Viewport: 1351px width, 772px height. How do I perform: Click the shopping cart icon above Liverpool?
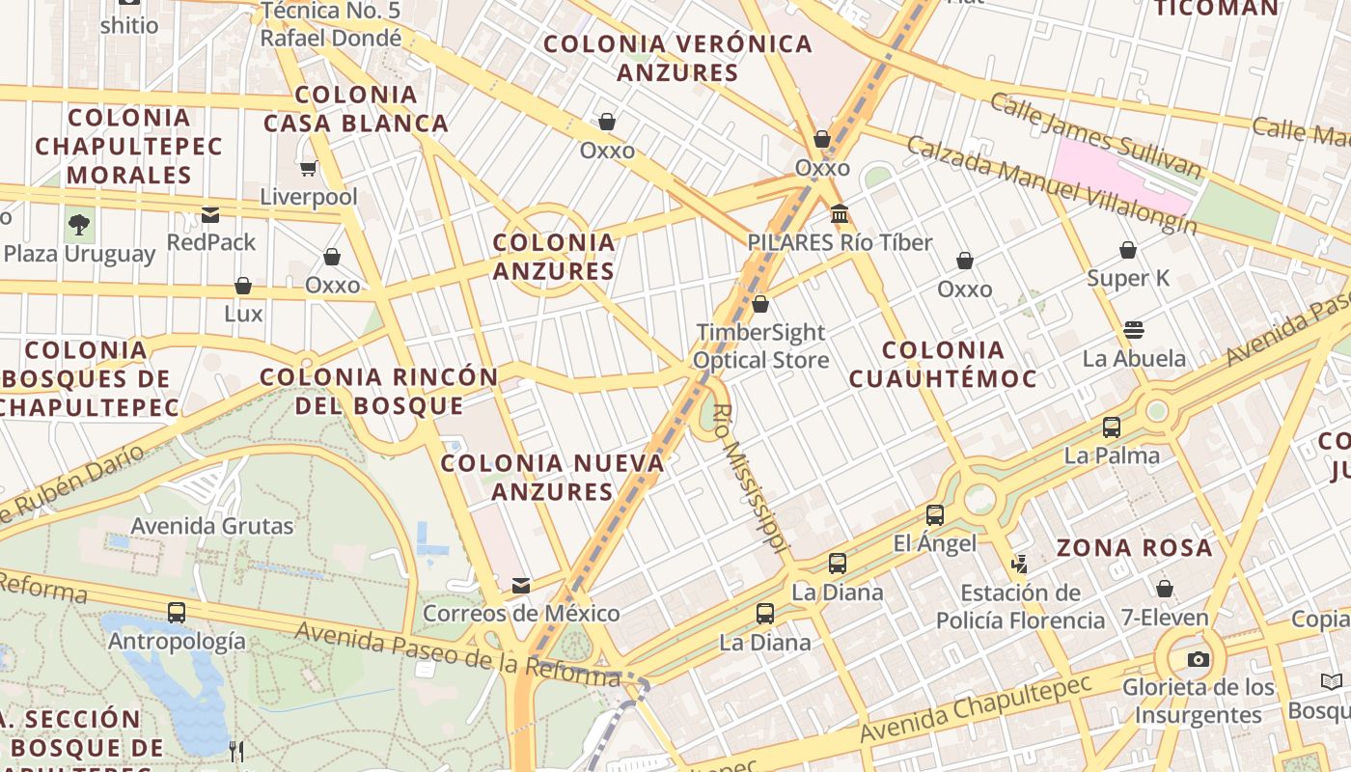[x=309, y=169]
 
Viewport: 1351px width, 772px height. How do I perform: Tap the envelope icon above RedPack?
[x=210, y=214]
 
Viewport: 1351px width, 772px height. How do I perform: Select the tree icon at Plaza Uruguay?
[x=79, y=226]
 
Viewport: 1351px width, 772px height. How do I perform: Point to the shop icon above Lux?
[x=243, y=287]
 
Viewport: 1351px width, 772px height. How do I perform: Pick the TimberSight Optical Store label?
[x=761, y=346]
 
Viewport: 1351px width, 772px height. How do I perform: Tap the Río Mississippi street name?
[x=749, y=478]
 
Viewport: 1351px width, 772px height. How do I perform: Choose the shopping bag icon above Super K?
[x=1128, y=251]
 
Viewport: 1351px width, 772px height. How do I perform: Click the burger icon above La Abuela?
[x=1134, y=330]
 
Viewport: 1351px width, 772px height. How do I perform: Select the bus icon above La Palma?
[x=1112, y=427]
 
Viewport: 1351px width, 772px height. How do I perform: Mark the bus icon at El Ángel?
[x=934, y=515]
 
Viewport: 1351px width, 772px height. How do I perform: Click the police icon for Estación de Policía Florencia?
[x=1019, y=564]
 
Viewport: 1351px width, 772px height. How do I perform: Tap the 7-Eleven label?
[x=1165, y=618]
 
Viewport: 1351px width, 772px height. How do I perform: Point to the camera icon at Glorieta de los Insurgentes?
[x=1199, y=660]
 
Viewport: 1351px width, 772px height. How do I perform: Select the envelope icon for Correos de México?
[x=521, y=586]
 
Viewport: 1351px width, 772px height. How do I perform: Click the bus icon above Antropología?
[x=176, y=612]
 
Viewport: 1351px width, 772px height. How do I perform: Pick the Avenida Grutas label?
[x=212, y=526]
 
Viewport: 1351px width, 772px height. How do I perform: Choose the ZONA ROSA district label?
[x=1134, y=548]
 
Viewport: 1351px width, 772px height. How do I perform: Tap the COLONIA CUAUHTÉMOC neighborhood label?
[x=943, y=364]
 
